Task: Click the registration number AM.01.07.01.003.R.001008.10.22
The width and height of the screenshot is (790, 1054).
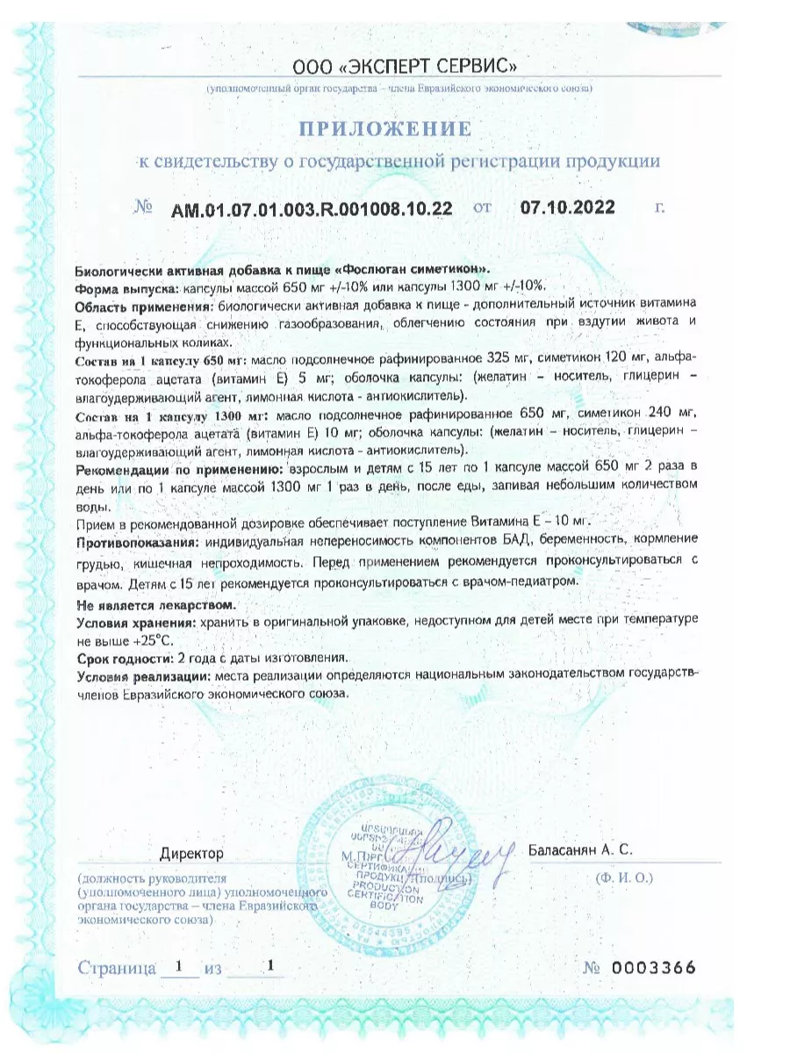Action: [x=312, y=208]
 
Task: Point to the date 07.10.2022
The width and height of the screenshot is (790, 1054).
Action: [x=568, y=207]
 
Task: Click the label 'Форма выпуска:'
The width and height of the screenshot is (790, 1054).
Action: [x=126, y=287]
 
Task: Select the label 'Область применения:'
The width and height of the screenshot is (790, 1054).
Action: [x=144, y=305]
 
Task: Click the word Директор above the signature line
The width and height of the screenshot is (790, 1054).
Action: [x=192, y=853]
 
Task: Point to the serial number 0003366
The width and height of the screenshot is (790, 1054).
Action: [x=653, y=968]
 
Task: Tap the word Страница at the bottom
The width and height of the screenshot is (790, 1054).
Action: [x=117, y=969]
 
